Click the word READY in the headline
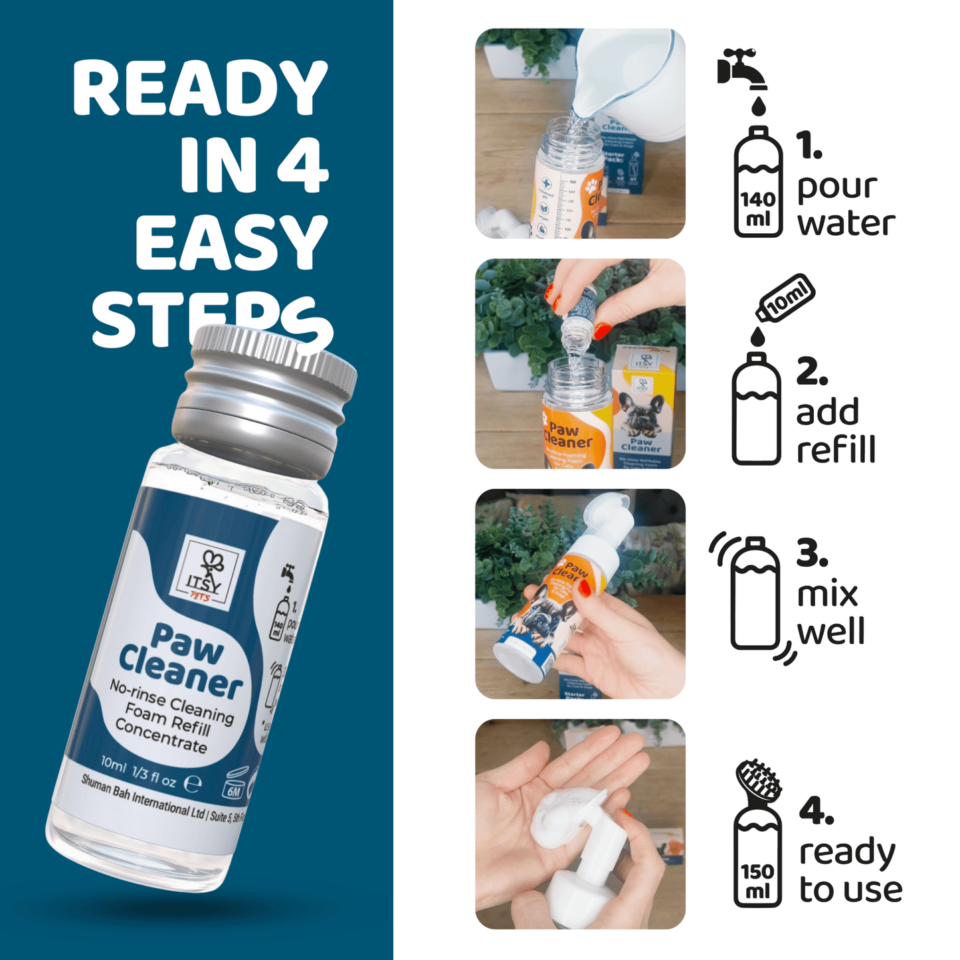point(199,88)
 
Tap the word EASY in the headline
point(231,243)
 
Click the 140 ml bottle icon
point(758,182)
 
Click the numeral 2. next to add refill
point(812,371)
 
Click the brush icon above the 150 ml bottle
point(759,781)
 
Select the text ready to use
point(850,870)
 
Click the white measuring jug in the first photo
point(624,76)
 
